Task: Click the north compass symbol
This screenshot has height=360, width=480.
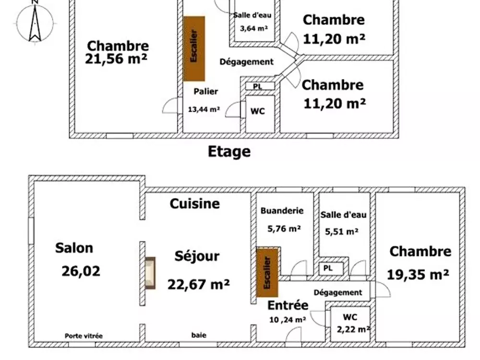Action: pos(35,22)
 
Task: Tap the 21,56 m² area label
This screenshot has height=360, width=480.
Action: pos(116,59)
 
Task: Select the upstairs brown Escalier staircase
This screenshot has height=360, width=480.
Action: pos(194,48)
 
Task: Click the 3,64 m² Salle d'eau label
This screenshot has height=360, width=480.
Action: pos(254,28)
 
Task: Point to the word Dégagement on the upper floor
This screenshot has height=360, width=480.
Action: pos(246,62)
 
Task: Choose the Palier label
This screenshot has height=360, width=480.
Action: pos(206,91)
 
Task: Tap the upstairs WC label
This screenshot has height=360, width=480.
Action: pos(257,111)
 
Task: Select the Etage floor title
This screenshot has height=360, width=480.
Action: pos(229,152)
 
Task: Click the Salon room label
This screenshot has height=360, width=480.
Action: pos(74,248)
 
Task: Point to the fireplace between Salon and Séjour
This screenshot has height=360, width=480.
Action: pos(150,273)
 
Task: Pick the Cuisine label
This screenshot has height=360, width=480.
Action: pos(195,204)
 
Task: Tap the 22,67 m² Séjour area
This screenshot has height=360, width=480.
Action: pos(198,284)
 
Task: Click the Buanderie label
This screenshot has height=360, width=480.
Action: pos(282,211)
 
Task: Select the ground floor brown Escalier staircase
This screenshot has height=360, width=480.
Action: pos(267,273)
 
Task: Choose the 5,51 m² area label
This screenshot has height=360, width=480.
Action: pos(342,232)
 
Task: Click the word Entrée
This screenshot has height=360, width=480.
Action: pos(288,305)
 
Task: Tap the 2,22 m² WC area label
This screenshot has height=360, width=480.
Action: pos(354,329)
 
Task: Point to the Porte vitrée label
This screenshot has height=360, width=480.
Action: pos(84,336)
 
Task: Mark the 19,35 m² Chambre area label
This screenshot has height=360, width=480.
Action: pos(418,274)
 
